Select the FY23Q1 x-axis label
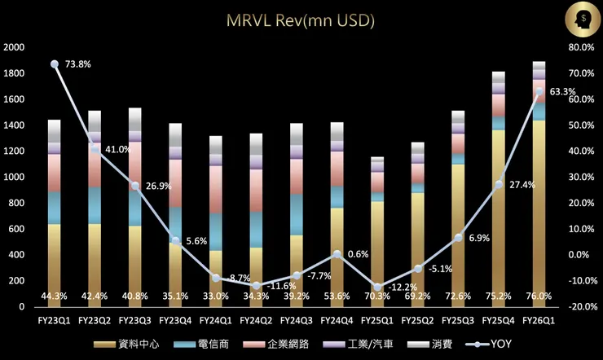pos(54,321)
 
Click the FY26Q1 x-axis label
pos(539,321)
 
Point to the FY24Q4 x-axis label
pos(337,321)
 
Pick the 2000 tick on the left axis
pos(14,47)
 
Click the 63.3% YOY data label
pos(563,92)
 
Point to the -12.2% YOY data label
pos(403,287)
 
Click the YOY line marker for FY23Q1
pos(55,64)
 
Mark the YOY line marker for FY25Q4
pos(499,184)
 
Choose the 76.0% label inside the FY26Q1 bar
pos(539,296)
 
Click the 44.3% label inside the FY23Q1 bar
pos(54,296)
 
